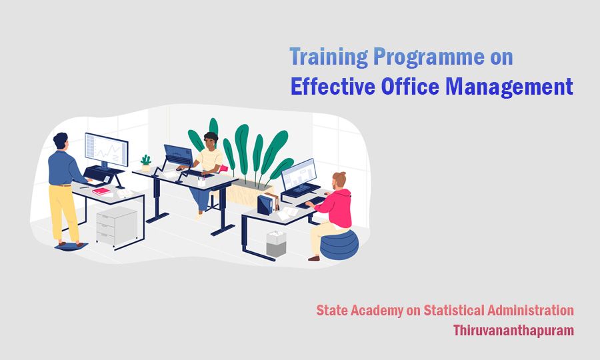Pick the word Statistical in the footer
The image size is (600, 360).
pyautogui.click(x=448, y=310)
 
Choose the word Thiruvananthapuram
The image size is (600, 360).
pyautogui.click(x=513, y=330)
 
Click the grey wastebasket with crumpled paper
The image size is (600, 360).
pyautogui.click(x=276, y=243)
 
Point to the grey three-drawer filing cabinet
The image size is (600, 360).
pyautogui.click(x=117, y=226)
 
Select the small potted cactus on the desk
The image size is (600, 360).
pyautogui.click(x=145, y=163)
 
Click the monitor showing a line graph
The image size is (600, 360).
pyautogui.click(x=106, y=150)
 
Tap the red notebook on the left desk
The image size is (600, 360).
pyautogui.click(x=102, y=191)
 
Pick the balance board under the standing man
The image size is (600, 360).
pyautogui.click(x=70, y=247)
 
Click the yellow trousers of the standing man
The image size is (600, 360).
pyautogui.click(x=65, y=210)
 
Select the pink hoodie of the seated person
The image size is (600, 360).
pyautogui.click(x=337, y=207)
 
